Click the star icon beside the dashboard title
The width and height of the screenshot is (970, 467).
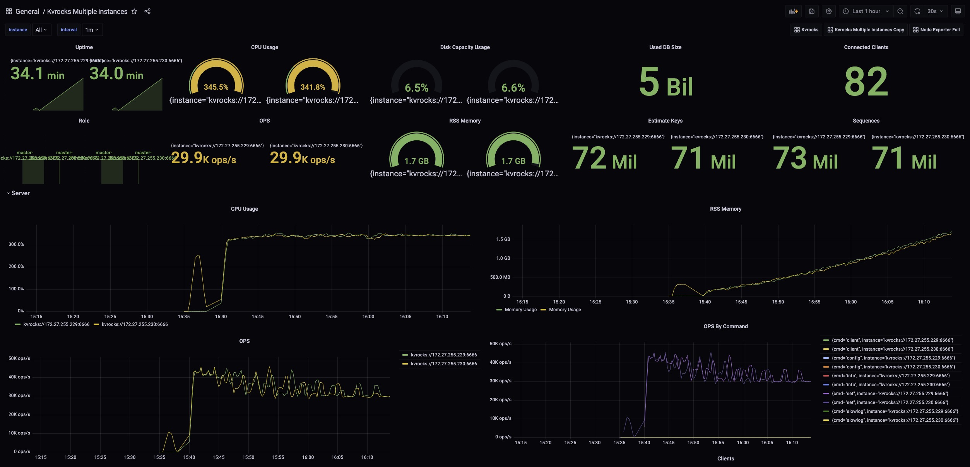pos(134,12)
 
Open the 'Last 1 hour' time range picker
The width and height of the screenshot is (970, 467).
pos(866,12)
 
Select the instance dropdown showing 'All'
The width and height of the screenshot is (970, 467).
pos(41,30)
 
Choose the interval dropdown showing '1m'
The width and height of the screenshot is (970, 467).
pos(92,30)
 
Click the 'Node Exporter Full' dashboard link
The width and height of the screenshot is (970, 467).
pos(936,30)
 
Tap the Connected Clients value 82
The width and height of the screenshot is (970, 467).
pos(866,82)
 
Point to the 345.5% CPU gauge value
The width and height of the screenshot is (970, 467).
pos(216,87)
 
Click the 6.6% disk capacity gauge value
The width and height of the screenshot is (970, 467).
pos(513,88)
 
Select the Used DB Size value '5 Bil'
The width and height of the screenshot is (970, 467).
pos(665,82)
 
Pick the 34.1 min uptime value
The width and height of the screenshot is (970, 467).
pos(37,74)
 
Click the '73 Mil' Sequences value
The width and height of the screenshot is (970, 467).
pos(805,159)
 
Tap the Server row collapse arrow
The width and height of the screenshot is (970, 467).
pos(9,193)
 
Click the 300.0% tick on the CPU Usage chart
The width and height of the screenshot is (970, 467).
pos(16,244)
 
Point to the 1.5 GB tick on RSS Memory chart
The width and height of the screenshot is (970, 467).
pos(503,239)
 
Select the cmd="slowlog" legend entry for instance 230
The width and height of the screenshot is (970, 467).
pos(895,420)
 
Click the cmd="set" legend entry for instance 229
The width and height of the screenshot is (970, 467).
pos(890,394)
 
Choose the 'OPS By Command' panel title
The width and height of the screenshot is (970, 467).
pos(725,326)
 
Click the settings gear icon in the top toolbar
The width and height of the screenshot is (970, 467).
pos(828,12)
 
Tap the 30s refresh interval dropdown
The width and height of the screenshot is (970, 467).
pos(935,12)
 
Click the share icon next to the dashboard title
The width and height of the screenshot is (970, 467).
pos(147,12)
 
